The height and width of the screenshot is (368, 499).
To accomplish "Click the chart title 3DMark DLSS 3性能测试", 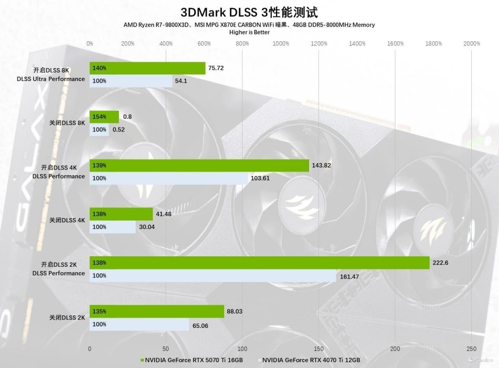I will tap(249, 12).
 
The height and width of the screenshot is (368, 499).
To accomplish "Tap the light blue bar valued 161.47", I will tap(213, 276).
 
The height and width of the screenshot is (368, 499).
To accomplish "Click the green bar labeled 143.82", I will tap(199, 165).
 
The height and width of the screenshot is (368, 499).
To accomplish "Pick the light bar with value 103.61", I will tap(169, 178).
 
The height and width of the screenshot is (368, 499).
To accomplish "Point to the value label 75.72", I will tap(216, 68).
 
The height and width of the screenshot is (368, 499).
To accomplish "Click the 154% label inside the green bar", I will tap(99, 117).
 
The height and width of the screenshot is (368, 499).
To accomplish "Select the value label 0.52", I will tap(119, 129).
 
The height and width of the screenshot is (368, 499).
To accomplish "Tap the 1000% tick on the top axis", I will tap(280, 44).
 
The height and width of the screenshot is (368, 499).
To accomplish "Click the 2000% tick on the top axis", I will tap(471, 44).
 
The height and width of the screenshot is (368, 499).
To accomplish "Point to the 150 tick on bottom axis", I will tap(319, 349).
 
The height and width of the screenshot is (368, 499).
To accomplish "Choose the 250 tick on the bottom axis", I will tap(471, 349).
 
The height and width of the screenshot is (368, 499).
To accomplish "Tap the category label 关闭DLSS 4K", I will tap(67, 220).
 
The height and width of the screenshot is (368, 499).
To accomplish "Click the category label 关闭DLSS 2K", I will tap(67, 318).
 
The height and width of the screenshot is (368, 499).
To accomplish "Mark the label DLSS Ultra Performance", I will tap(51, 79).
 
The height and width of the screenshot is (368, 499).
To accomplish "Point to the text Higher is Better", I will tap(249, 32).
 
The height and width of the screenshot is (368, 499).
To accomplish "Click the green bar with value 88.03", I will tap(157, 311).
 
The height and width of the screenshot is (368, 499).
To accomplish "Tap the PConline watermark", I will tap(481, 360).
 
